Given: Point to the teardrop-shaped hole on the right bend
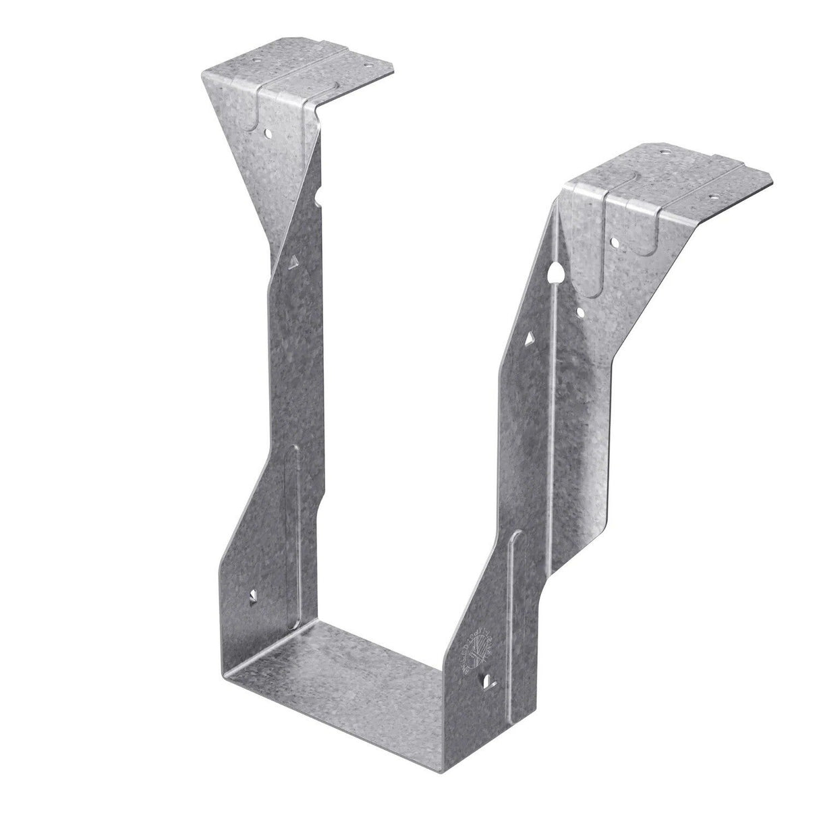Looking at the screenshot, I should [555, 273].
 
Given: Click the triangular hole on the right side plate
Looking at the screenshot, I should [528, 339].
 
